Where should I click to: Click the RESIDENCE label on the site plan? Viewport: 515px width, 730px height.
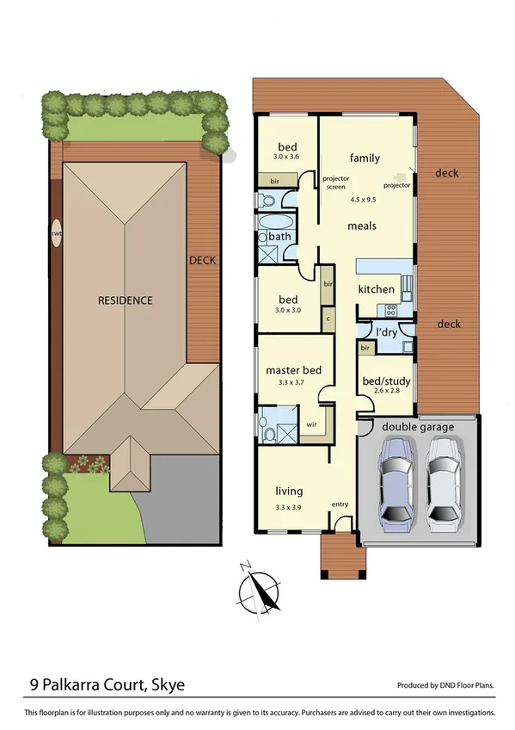pos(125,300)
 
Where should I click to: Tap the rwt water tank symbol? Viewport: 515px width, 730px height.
pos(57,234)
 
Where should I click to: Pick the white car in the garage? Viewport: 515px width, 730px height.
pos(445,479)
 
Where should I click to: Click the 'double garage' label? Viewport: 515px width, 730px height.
pos(418,426)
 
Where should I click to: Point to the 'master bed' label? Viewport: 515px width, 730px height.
pos(293,370)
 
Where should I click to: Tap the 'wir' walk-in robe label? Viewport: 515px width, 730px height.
pos(314,424)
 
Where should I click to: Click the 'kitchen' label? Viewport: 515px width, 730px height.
pos(376,289)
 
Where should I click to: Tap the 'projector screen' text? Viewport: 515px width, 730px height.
pos(334,182)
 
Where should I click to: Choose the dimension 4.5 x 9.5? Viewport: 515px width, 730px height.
pos(365,200)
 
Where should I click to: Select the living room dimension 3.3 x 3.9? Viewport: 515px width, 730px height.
pos(288,504)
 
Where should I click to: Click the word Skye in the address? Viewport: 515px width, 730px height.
pos(168,685)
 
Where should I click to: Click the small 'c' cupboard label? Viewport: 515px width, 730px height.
pos(327,318)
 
